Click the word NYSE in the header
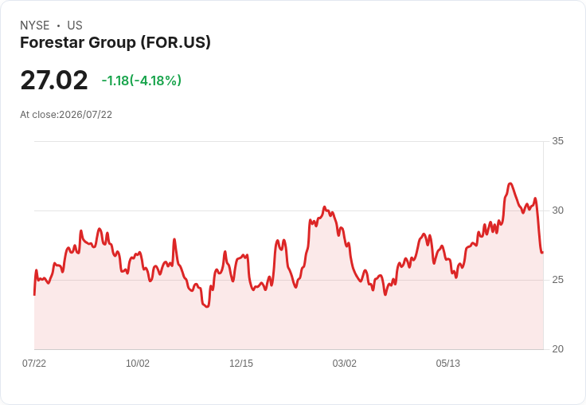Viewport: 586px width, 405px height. (35, 26)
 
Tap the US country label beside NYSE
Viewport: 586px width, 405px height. (75, 26)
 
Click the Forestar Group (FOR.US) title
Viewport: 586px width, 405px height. (115, 43)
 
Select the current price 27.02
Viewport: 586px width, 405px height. (54, 81)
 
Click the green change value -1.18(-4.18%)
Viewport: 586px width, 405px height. (142, 81)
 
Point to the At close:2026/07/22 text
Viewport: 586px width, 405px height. (66, 115)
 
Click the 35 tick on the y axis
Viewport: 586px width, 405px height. (557, 141)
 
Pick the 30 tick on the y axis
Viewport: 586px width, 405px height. (557, 210)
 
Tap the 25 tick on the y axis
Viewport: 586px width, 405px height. (557, 280)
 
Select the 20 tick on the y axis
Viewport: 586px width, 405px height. (557, 349)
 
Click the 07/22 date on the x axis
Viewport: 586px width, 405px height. (34, 363)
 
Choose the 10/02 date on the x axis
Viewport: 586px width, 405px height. (138, 363)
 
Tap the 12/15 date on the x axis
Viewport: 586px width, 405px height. (241, 363)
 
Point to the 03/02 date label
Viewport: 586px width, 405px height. (345, 363)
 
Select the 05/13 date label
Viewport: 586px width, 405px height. (448, 363)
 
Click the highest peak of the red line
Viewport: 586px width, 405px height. (510, 183)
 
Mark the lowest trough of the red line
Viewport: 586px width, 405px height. (208, 307)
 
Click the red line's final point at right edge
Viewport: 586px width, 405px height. (543, 253)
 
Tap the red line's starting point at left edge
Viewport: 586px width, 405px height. (34, 295)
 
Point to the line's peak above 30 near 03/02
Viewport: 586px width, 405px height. (324, 206)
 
